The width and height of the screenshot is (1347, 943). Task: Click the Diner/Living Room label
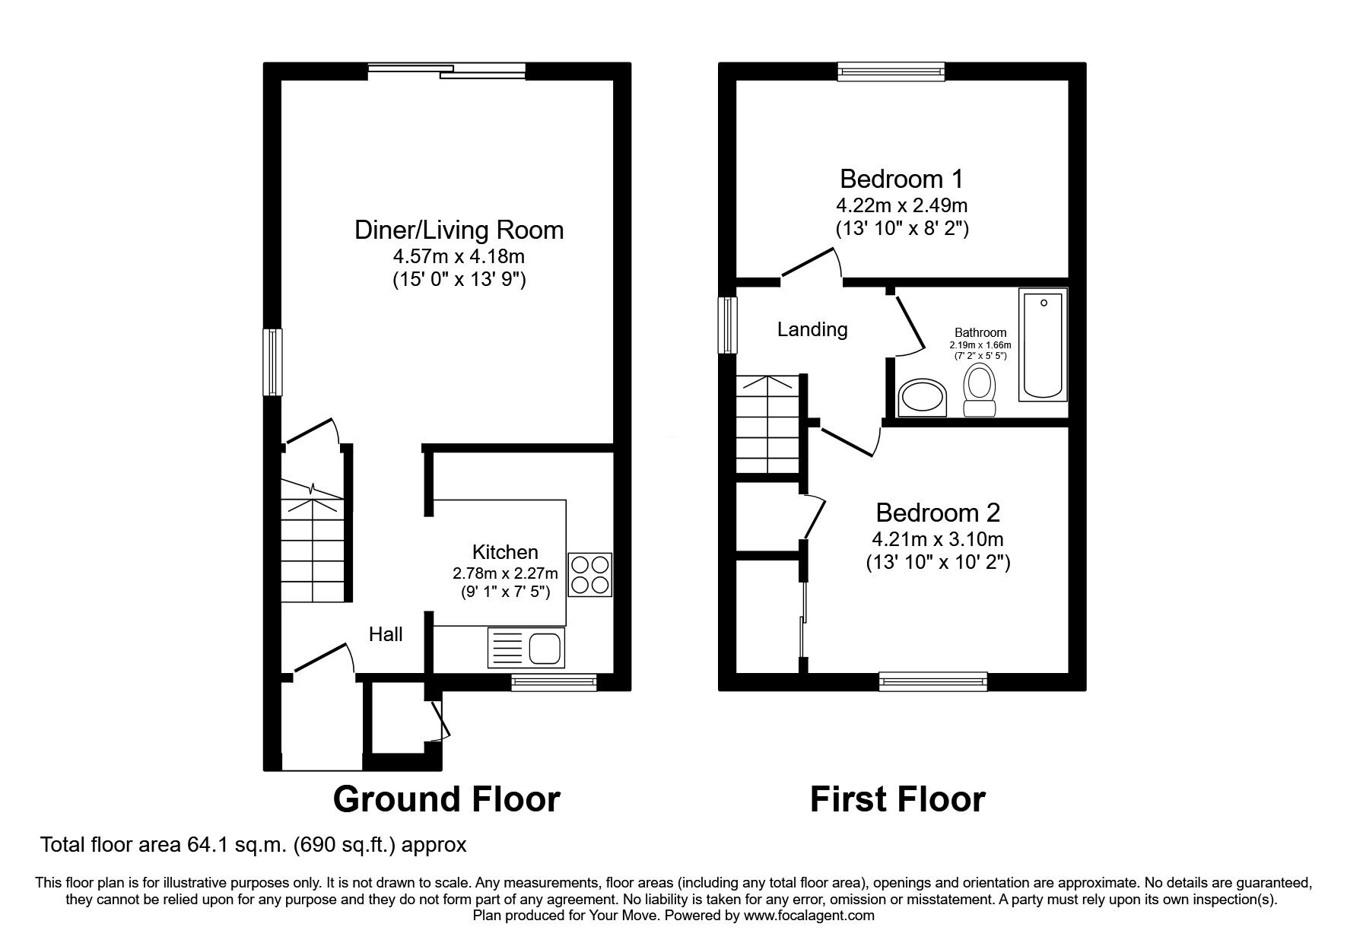coord(459,230)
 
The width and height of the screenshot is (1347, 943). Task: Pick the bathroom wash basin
coord(923,398)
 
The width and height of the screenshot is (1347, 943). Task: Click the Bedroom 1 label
coord(901,179)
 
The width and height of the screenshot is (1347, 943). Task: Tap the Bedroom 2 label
coord(938,512)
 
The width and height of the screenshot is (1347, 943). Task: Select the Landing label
coord(812,329)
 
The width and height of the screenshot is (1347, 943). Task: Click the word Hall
coord(386,634)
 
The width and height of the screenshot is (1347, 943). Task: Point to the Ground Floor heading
coord(446,799)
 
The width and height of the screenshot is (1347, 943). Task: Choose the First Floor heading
coord(897,799)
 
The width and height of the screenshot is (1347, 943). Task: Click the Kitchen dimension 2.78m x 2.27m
coord(505,573)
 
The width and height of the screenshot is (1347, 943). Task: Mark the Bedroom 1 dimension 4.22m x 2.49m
coord(902,205)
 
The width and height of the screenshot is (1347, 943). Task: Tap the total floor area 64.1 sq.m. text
coord(253,844)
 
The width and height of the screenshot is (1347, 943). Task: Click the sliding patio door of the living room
coord(446,71)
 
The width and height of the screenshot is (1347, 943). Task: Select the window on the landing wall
coord(729,325)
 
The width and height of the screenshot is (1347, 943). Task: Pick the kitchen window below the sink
coord(554,682)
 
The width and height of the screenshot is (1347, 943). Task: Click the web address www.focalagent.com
coord(809,916)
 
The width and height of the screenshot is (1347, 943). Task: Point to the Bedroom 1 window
coord(891,71)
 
